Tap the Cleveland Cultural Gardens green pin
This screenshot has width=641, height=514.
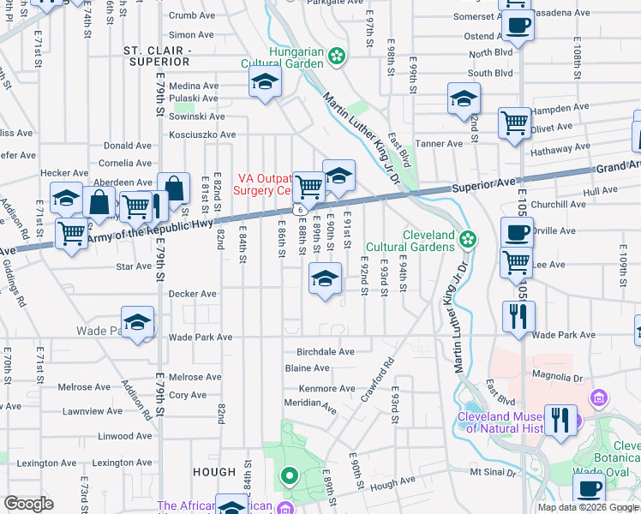click(466, 239)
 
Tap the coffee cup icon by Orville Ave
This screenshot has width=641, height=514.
click(517, 232)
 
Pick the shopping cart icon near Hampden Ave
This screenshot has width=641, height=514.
click(514, 122)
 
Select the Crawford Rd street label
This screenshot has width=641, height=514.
click(382, 374)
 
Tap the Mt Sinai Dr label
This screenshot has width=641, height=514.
click(494, 472)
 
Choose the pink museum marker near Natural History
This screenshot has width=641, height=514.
click(597, 398)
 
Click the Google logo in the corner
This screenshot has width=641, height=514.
click(27, 504)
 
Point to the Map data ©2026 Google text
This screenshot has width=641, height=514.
click(587, 507)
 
